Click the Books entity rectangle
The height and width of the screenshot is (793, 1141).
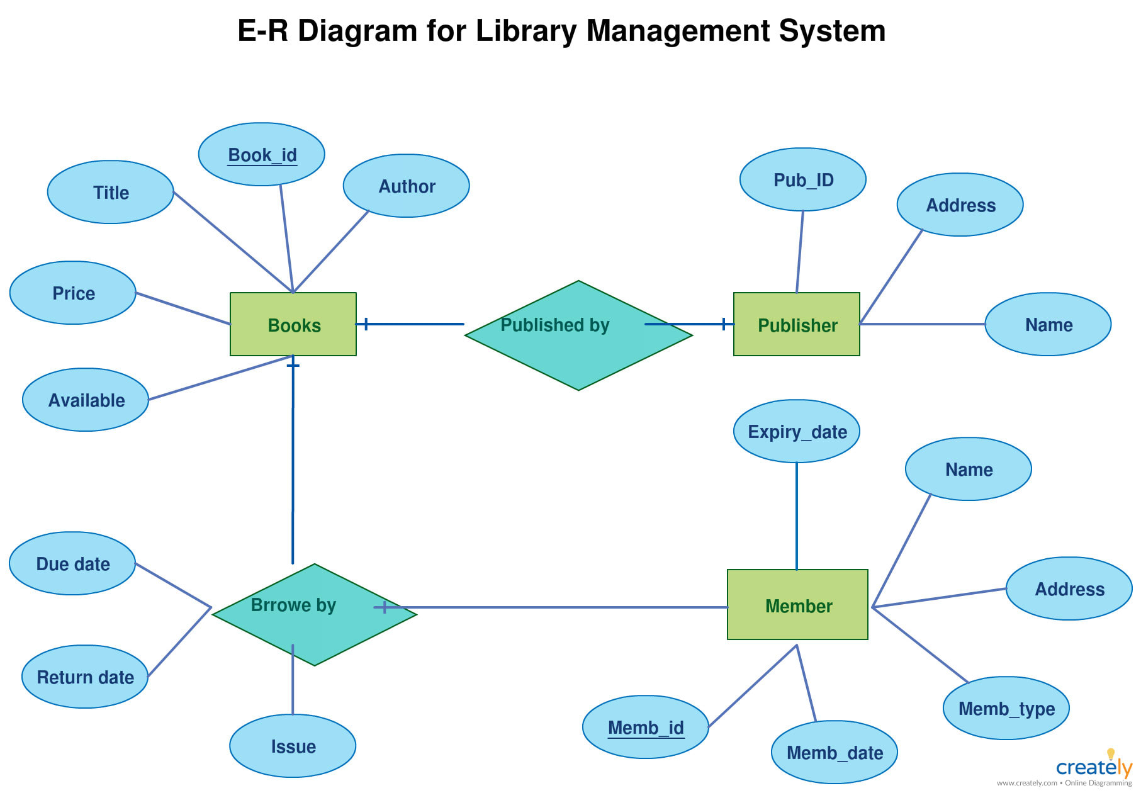(x=293, y=324)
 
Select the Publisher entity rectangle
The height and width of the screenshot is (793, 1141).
(x=796, y=324)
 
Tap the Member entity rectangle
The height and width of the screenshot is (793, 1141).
(x=797, y=605)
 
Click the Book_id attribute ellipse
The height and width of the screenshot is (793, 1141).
(x=262, y=154)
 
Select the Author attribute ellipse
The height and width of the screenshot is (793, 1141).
(x=407, y=186)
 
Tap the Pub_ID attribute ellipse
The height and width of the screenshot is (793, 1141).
(x=803, y=180)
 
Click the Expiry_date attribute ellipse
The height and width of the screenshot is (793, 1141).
(x=797, y=432)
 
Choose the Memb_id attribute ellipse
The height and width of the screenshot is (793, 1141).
(x=646, y=728)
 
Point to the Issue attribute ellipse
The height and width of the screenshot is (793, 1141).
(x=293, y=746)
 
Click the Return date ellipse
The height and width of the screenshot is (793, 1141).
(x=85, y=677)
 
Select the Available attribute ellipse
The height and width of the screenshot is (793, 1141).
(x=86, y=400)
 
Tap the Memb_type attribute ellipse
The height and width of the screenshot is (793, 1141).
(x=1006, y=709)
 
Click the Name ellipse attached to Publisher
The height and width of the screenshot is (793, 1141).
(x=1048, y=325)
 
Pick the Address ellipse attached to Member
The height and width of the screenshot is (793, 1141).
(x=1069, y=589)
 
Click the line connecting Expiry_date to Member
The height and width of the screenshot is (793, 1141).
(x=797, y=516)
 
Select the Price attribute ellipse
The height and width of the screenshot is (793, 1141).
(x=73, y=293)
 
